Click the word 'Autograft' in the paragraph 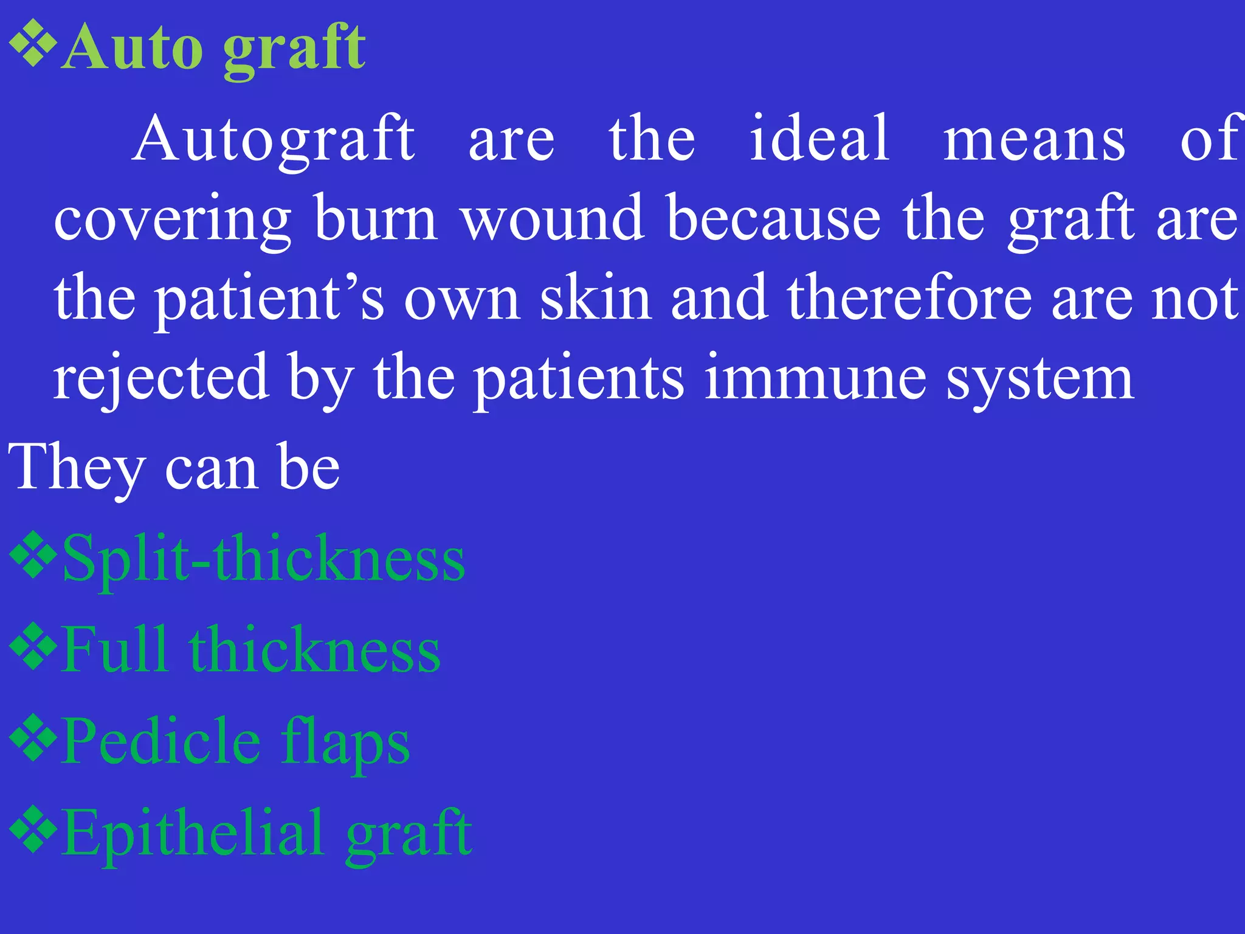[x=274, y=140]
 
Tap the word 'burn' [x=376, y=218]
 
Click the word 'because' [x=773, y=218]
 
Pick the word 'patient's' [x=270, y=298]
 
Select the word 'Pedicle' [x=161, y=742]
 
